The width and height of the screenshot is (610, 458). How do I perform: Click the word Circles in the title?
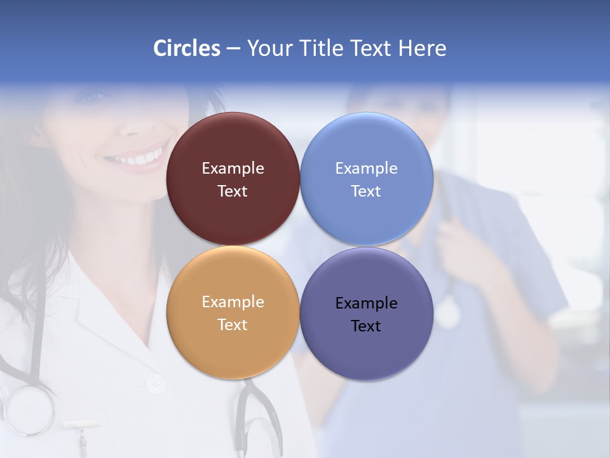(x=186, y=48)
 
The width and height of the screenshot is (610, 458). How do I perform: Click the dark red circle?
(x=233, y=146)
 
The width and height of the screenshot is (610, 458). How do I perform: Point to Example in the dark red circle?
(x=233, y=169)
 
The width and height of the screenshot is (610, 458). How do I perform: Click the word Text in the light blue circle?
(x=366, y=191)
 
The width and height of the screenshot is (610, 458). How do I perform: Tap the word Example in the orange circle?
(x=233, y=302)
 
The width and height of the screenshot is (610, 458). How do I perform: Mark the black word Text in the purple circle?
(x=366, y=326)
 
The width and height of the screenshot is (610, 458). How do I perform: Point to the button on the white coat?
(x=154, y=384)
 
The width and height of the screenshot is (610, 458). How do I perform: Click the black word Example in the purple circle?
(x=366, y=303)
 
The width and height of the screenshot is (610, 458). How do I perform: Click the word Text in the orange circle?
(x=233, y=325)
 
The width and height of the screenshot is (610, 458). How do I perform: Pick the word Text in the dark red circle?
(x=233, y=191)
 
